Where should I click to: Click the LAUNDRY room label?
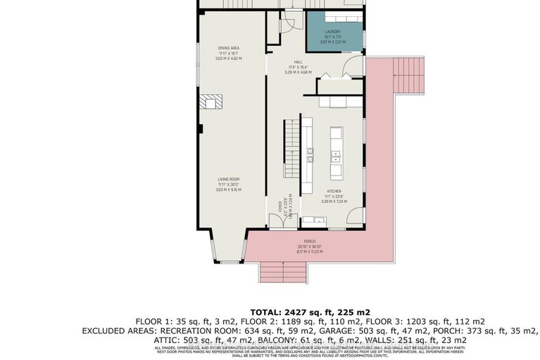tap(333, 32)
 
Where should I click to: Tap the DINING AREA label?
tap(229, 48)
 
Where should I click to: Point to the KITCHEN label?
tap(334, 191)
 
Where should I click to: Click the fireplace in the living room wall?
tap(211, 102)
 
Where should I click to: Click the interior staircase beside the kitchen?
tap(292, 148)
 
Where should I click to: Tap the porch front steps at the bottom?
tap(283, 271)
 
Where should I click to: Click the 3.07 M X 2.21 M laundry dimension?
tap(333, 42)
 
